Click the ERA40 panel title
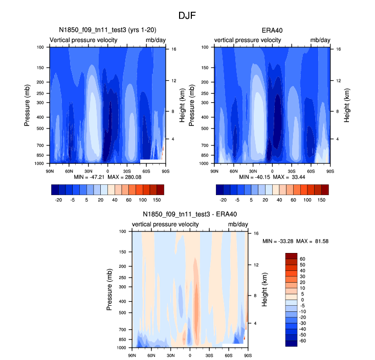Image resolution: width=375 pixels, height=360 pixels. pyautogui.click(x=272, y=30)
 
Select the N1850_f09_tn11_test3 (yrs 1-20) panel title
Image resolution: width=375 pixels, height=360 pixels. pyautogui.click(x=108, y=30)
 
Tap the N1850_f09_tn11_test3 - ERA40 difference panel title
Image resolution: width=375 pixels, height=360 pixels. pyautogui.click(x=190, y=215)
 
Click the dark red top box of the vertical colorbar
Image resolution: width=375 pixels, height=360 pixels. pyautogui.click(x=291, y=256)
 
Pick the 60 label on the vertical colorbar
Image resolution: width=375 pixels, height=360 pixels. pyautogui.click(x=302, y=259)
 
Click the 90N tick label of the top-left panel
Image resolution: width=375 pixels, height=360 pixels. pyautogui.click(x=50, y=171)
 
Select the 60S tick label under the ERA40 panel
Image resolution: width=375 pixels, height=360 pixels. pyautogui.click(x=311, y=171)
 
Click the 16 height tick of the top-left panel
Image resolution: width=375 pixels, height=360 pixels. pyautogui.click(x=174, y=49)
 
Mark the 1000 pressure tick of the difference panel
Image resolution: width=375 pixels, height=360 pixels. pyautogui.click(x=123, y=348)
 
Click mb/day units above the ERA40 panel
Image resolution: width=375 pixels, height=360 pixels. pyautogui.click(x=320, y=40)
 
